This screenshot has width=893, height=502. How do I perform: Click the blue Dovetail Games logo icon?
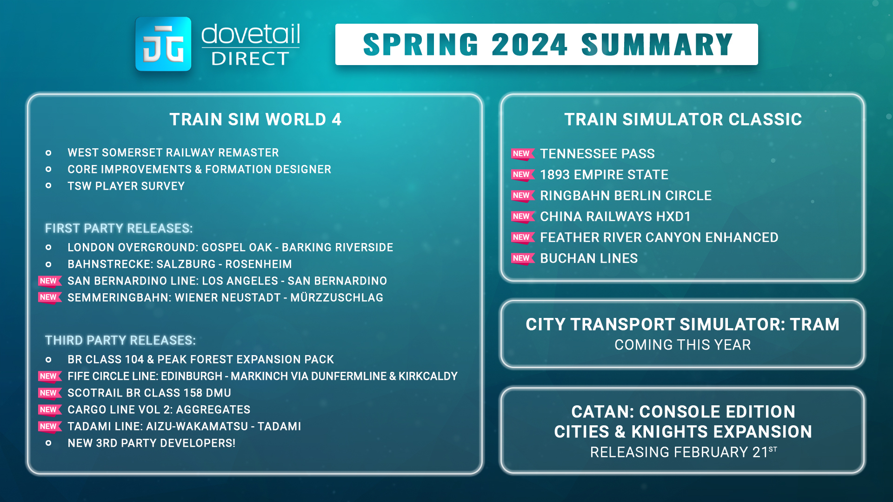click(163, 44)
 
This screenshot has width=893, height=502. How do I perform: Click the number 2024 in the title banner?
click(530, 45)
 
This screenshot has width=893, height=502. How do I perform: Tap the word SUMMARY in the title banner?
click(657, 45)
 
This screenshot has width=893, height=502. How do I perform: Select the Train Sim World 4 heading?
click(255, 119)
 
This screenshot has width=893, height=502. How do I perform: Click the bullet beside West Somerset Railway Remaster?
click(48, 153)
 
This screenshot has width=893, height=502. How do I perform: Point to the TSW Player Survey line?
click(126, 186)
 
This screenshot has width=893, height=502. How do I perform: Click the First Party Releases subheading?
click(119, 228)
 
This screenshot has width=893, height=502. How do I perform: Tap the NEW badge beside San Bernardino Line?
click(49, 281)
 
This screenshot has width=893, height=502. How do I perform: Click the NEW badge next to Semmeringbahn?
click(49, 297)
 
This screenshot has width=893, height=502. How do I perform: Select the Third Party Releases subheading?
click(120, 340)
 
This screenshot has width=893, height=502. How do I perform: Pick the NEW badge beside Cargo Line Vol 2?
click(49, 410)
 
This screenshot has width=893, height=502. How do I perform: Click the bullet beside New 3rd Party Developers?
click(48, 443)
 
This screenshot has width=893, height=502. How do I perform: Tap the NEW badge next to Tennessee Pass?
click(523, 154)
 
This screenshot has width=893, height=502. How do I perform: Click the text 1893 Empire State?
click(604, 175)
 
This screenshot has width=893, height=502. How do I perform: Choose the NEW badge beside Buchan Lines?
click(523, 258)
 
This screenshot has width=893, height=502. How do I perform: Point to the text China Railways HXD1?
click(615, 217)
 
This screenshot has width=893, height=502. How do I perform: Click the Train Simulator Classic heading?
click(683, 119)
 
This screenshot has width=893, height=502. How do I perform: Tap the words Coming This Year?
click(683, 345)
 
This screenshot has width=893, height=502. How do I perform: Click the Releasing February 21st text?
click(683, 452)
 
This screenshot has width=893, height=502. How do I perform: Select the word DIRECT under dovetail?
click(250, 59)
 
